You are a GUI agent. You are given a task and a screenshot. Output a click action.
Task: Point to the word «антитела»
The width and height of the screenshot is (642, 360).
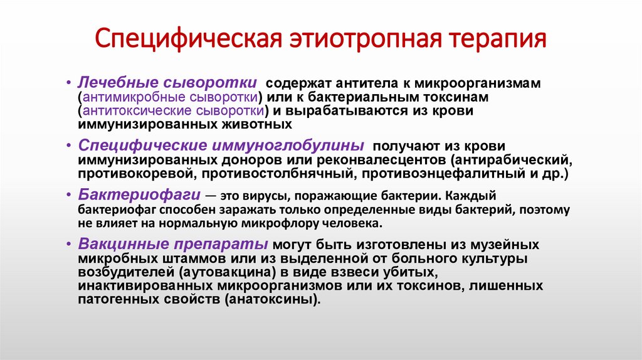(x=362, y=84)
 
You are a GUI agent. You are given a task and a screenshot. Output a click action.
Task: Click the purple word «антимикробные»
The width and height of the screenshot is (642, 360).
(x=128, y=97)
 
